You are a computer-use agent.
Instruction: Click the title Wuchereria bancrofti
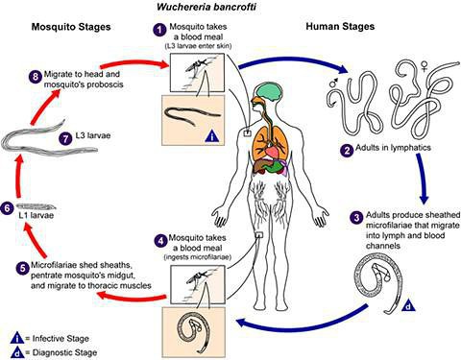[x=206, y=7]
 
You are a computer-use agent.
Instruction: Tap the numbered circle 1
[x=159, y=30]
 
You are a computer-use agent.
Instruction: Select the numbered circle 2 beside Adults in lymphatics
[x=347, y=150]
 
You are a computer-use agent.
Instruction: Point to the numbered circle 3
[x=356, y=218]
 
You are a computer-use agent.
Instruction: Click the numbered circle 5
[x=22, y=268]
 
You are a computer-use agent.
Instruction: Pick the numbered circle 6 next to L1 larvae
[x=7, y=208]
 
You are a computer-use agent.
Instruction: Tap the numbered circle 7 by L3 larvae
[x=66, y=138]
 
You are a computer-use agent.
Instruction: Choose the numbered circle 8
[x=36, y=77]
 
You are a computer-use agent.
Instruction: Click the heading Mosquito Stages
[x=71, y=27]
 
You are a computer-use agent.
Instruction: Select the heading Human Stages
[x=340, y=26]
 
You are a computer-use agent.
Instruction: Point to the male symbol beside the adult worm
[x=333, y=83]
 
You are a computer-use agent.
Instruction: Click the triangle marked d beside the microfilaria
[x=408, y=305]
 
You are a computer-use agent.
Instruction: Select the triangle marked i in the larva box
[x=212, y=136]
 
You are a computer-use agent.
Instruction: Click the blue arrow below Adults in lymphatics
[x=422, y=179]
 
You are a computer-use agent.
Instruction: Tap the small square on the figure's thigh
[x=258, y=235]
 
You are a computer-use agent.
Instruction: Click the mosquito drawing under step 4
[x=198, y=277]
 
